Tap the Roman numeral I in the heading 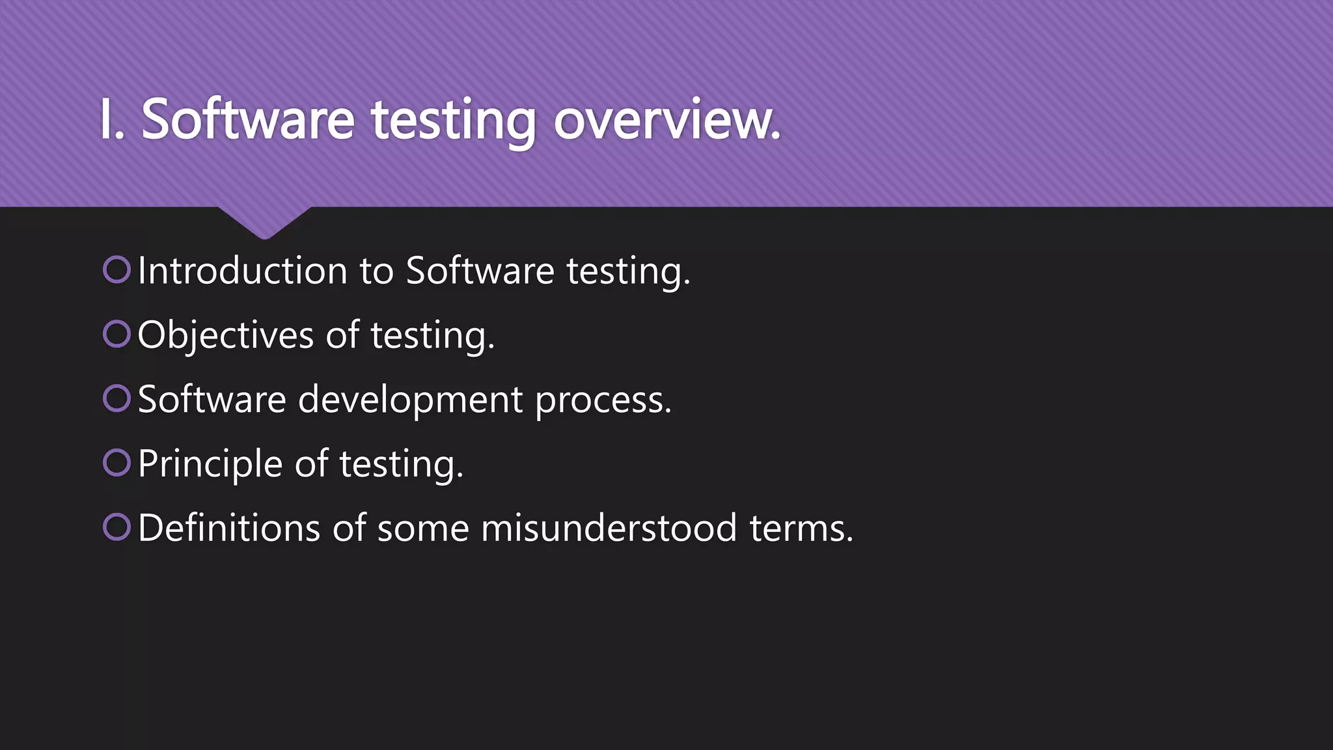tap(106, 120)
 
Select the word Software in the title tap(248, 120)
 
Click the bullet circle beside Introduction tap(117, 270)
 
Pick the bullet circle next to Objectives tap(117, 334)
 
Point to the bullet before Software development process tap(117, 398)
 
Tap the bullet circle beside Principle tap(117, 463)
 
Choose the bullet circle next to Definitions tap(117, 527)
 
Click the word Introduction tap(243, 270)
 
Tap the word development tap(410, 399)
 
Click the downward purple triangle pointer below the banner tap(264, 221)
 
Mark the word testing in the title tap(454, 121)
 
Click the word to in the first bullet tap(376, 270)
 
